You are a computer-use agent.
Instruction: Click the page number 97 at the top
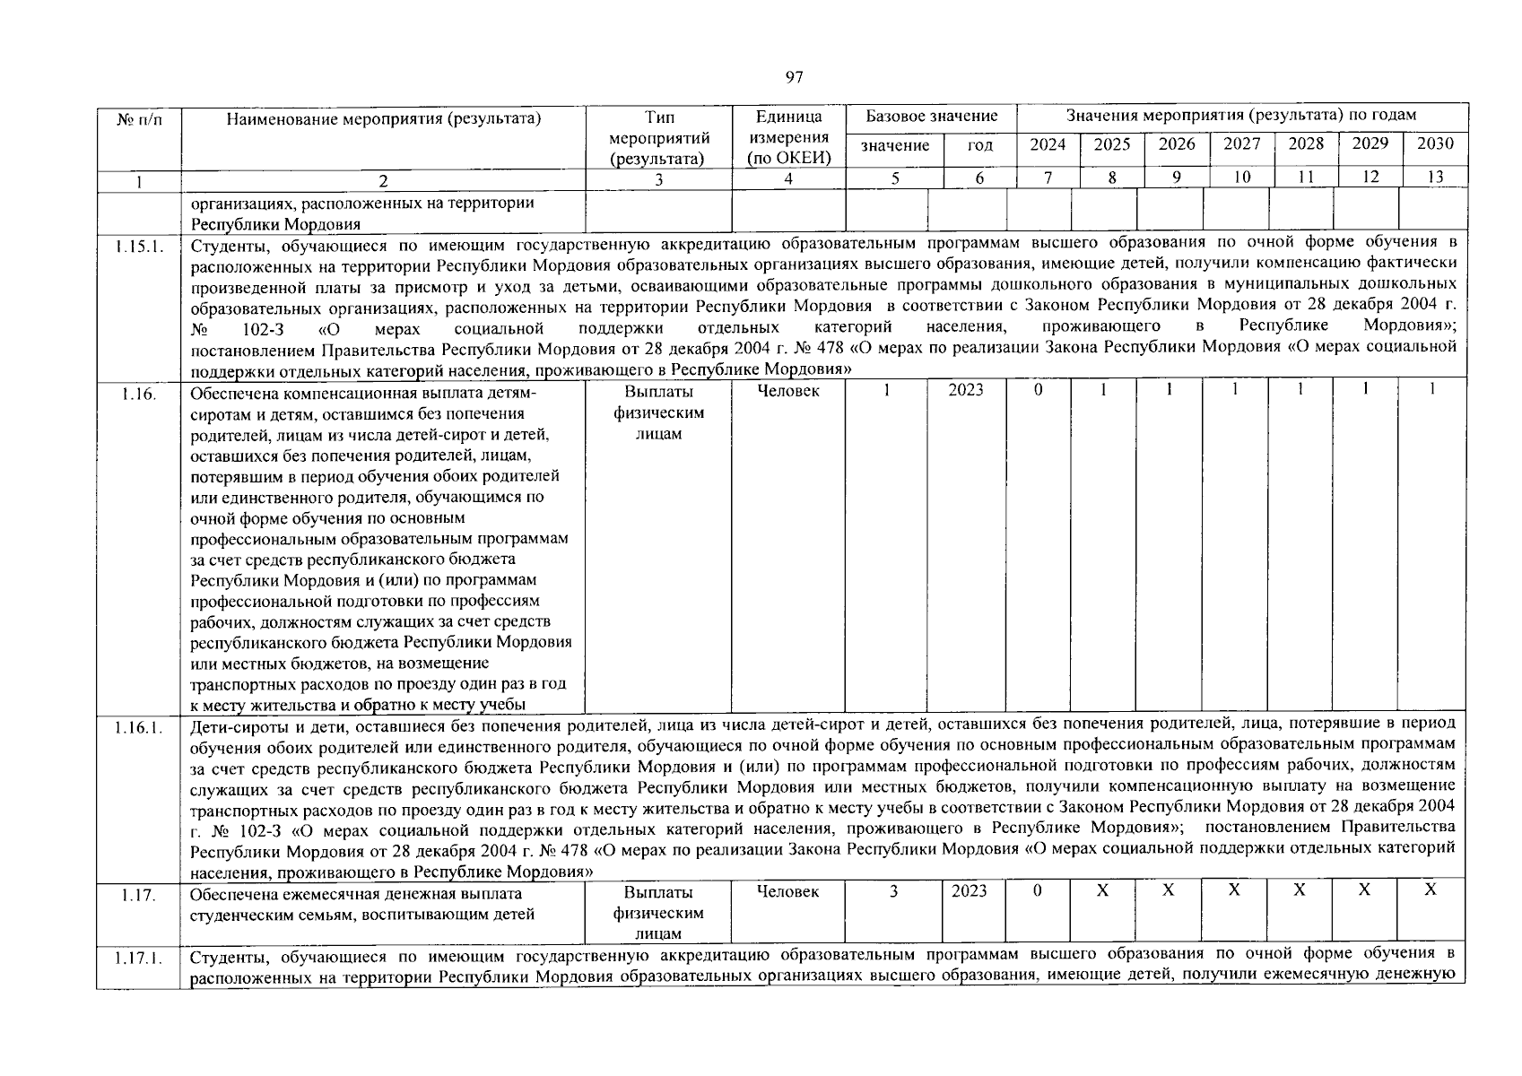coord(794,77)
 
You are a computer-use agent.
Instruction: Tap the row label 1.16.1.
coord(139,727)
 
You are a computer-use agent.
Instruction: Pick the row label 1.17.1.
coord(139,959)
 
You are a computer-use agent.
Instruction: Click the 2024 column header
coord(1048,144)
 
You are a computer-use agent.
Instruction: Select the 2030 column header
coord(1435,143)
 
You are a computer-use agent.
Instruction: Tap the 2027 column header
coord(1242,144)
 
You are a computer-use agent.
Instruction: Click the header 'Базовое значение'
coord(931,117)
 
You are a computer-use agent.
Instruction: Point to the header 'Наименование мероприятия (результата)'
coord(384,117)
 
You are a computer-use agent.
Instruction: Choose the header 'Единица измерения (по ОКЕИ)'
coord(789,137)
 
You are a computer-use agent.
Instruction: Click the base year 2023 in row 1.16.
coord(967,390)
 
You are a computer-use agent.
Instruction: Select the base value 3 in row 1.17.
coord(894,891)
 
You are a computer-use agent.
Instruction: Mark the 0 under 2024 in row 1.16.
coord(1038,391)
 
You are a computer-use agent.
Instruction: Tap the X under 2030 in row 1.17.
coord(1431,889)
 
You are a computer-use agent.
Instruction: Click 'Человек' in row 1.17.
coord(787,891)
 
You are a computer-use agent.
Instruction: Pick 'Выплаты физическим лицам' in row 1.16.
coord(658,412)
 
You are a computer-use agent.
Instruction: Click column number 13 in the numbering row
coord(1435,178)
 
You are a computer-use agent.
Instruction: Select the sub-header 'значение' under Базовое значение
coord(895,145)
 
